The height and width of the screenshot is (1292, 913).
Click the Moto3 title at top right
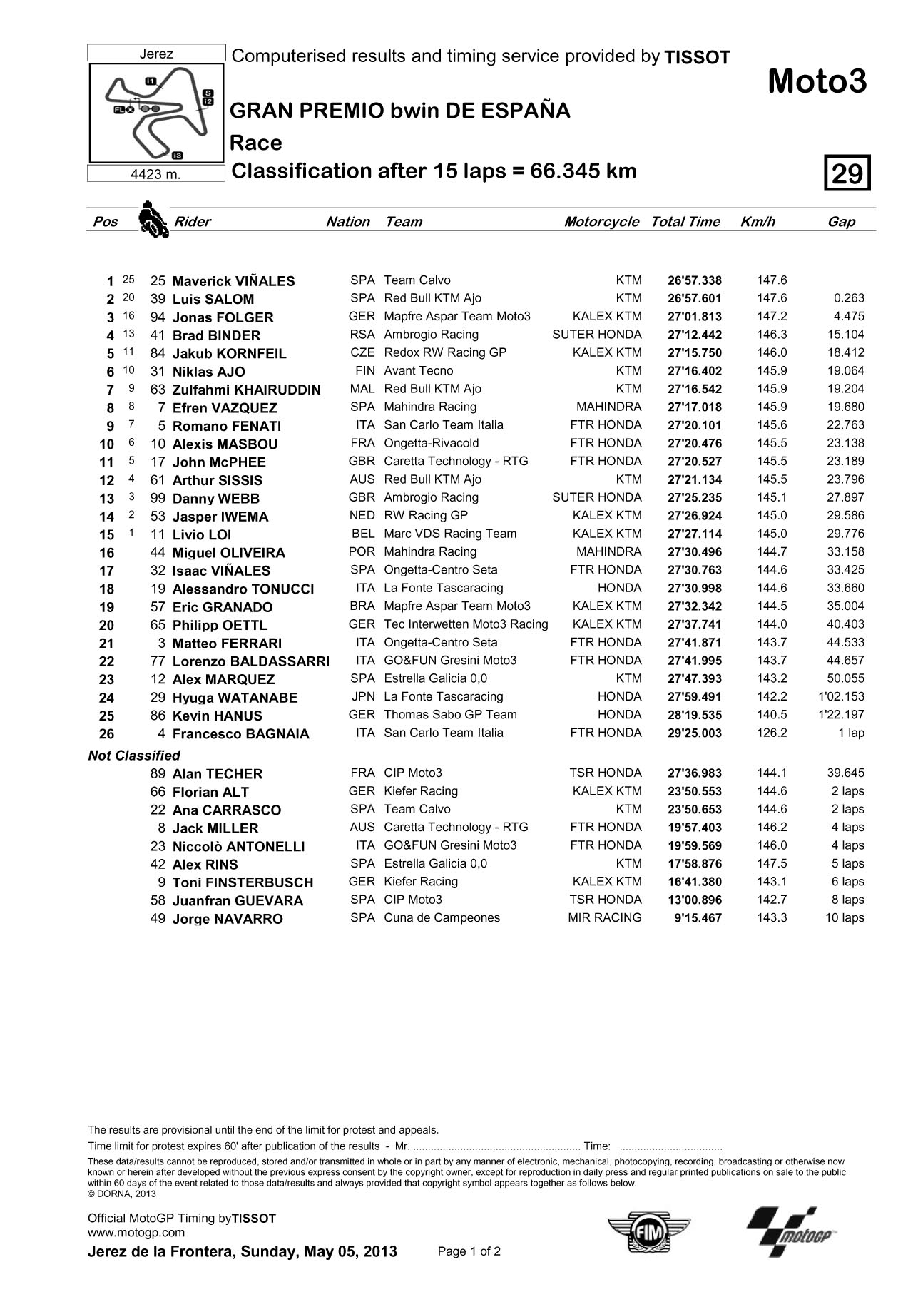(817, 83)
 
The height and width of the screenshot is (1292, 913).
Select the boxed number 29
(847, 173)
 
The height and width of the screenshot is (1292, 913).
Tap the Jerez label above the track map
(156, 54)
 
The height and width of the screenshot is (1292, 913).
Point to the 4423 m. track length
(156, 174)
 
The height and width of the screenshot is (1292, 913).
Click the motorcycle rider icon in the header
(151, 218)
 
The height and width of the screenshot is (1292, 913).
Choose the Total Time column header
(685, 222)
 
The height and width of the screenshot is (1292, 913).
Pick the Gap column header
(841, 222)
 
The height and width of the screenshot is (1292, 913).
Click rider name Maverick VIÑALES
(233, 281)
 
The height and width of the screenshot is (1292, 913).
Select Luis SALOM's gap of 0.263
(849, 299)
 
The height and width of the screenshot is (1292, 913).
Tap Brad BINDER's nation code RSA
(362, 335)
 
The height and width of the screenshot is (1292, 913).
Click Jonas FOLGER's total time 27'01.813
(695, 317)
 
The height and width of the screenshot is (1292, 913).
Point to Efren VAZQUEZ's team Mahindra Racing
(430, 407)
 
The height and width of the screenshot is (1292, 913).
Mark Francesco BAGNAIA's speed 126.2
(772, 733)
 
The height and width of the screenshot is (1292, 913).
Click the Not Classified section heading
(134, 756)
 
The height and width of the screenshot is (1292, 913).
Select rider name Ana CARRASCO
(227, 810)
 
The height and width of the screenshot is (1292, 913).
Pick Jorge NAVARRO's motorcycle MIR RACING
(604, 918)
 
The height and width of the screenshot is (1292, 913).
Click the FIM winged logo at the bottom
(648, 1231)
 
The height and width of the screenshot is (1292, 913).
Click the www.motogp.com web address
(136, 1232)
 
